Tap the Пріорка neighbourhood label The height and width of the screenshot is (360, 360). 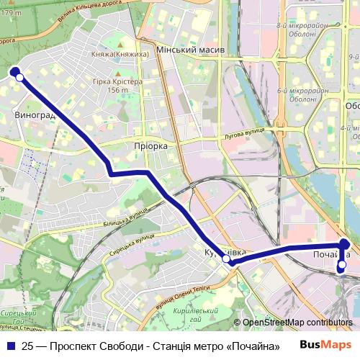[150, 145]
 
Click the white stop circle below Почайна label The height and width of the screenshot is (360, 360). [342, 265]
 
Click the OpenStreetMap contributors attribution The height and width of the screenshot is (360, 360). [296, 323]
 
